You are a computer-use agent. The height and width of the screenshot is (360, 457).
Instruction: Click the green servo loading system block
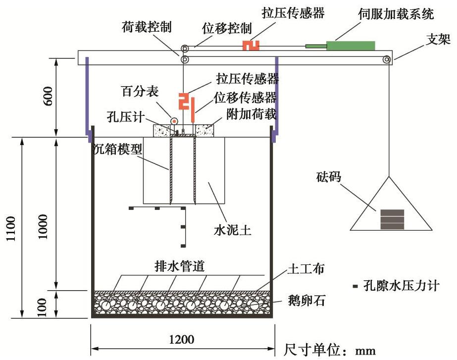[350, 45]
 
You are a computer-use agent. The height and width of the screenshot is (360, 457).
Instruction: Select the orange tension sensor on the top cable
[251, 45]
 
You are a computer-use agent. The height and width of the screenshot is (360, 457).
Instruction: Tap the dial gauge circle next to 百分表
[174, 120]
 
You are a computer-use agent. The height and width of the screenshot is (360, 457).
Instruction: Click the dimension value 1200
[181, 340]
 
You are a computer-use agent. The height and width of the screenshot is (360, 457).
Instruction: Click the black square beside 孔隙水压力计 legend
[355, 286]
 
